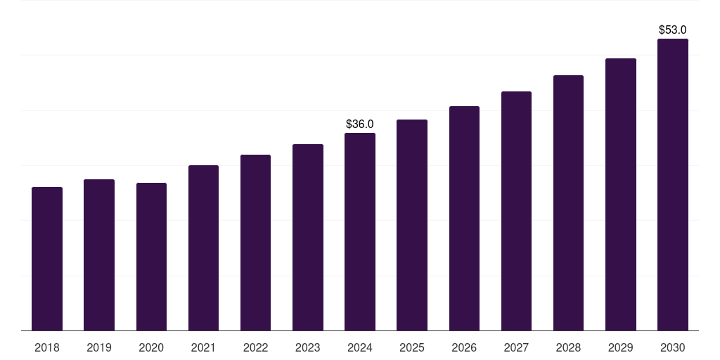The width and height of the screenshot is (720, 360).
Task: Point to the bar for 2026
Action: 464,219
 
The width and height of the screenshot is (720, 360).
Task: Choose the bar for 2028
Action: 568,203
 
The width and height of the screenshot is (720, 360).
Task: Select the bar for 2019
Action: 99,255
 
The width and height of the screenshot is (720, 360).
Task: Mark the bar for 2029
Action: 621,195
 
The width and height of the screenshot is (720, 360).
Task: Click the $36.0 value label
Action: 360,124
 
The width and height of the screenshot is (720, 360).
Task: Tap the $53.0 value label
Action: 673,30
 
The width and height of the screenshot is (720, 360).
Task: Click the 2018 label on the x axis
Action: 47,347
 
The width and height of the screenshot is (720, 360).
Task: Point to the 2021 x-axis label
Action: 203,347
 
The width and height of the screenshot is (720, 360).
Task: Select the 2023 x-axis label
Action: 308,347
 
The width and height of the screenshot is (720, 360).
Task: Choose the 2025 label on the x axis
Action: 412,347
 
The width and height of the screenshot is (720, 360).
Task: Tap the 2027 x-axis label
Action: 516,347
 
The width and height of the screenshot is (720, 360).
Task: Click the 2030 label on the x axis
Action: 673,347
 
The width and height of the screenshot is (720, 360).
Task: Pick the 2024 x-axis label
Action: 360,347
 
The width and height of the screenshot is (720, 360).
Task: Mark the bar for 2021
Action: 203,248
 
